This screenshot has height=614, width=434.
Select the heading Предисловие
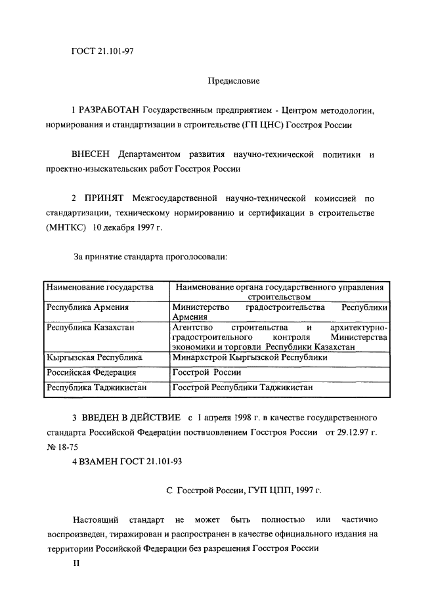[x=234, y=81]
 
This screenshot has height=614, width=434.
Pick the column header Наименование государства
[x=99, y=287]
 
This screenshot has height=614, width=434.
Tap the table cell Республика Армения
[x=87, y=307]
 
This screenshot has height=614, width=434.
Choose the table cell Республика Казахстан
[x=91, y=326]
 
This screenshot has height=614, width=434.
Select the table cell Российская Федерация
[x=91, y=372]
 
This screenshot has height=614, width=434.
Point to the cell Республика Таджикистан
[x=96, y=387]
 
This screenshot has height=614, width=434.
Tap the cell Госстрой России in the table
[x=206, y=372]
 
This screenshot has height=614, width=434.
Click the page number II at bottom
[x=76, y=563]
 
